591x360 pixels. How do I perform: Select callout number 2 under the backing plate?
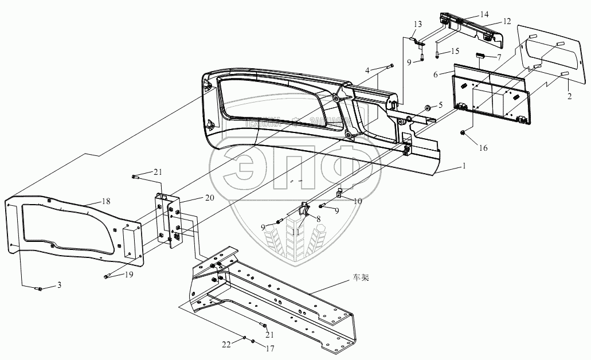coord(569,97)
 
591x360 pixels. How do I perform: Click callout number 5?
coord(441,105)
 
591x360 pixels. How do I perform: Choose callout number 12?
coord(436,75)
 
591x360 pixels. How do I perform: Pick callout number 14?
coord(499,58)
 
